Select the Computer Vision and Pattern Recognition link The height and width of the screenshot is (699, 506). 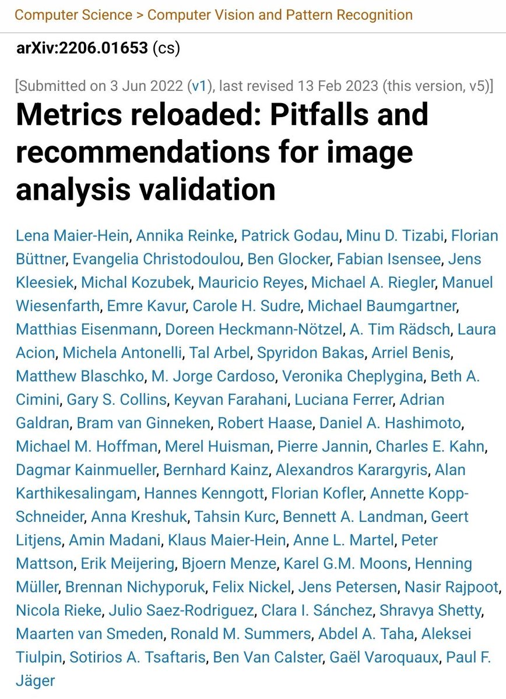pyautogui.click(x=280, y=15)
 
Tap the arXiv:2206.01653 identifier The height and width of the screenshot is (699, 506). pyautogui.click(x=82, y=48)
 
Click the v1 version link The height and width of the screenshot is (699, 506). pyautogui.click(x=199, y=86)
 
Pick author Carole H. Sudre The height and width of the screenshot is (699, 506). pyautogui.click(x=246, y=306)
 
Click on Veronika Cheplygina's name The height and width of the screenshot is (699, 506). pyautogui.click(x=354, y=376)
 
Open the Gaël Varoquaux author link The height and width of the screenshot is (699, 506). pyautogui.click(x=384, y=657)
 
